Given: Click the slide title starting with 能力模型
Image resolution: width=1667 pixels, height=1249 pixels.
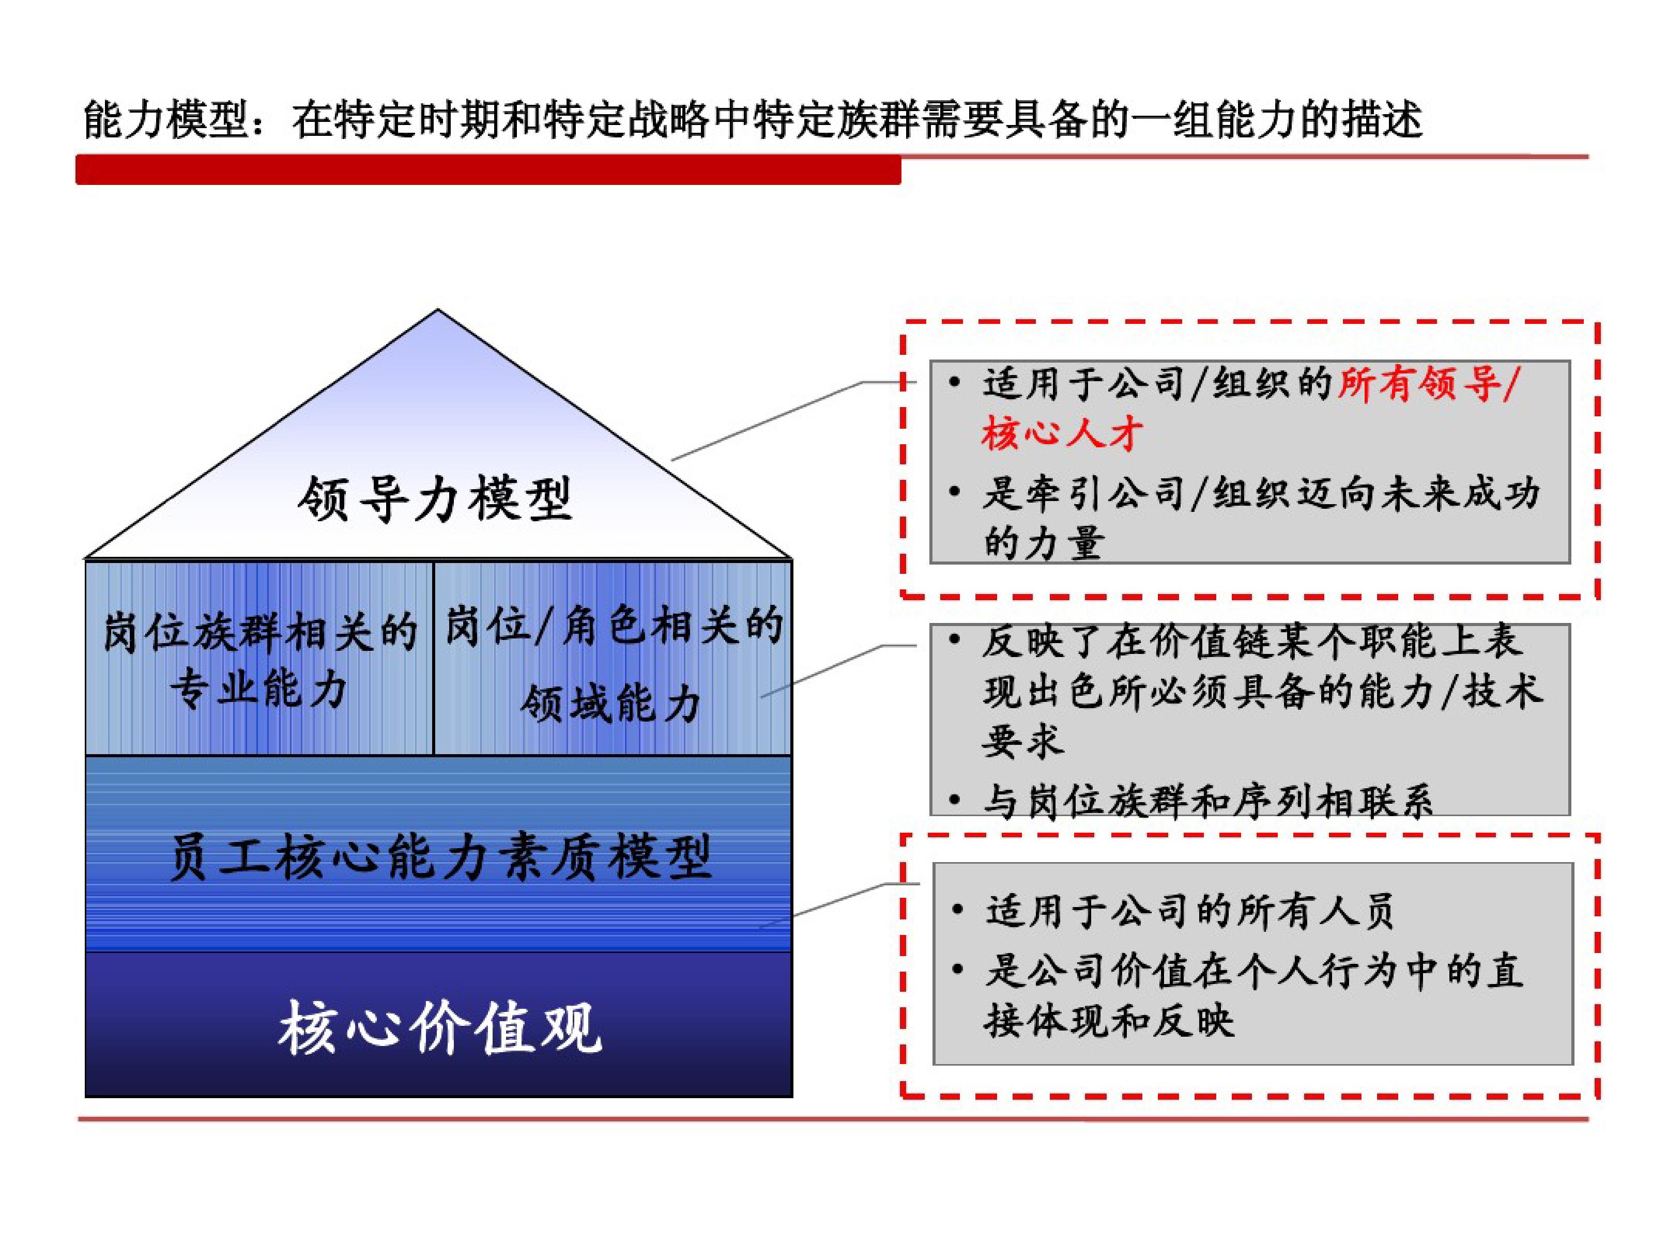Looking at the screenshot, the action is click(x=753, y=119).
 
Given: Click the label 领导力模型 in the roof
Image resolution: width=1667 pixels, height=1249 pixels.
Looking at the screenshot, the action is click(x=436, y=498).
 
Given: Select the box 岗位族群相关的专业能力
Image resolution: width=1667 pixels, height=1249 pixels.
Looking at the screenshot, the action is click(x=259, y=658).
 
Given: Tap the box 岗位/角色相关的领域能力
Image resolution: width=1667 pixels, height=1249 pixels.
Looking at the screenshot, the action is click(x=613, y=658).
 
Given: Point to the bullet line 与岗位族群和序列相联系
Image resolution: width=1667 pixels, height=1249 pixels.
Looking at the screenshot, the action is click(x=1207, y=800).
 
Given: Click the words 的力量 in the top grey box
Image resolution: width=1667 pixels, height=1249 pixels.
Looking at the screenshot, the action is click(x=1044, y=542).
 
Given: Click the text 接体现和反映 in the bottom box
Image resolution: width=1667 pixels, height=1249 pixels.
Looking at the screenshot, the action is click(x=1109, y=1021).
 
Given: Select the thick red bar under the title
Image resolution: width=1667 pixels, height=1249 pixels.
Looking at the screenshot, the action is click(x=488, y=169).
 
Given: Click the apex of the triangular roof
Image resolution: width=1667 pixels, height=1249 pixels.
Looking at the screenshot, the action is click(x=438, y=309).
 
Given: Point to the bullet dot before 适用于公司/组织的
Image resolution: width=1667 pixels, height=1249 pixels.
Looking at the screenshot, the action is click(x=955, y=383).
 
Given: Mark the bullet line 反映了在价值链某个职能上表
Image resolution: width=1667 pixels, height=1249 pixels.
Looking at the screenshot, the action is click(x=1252, y=641).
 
